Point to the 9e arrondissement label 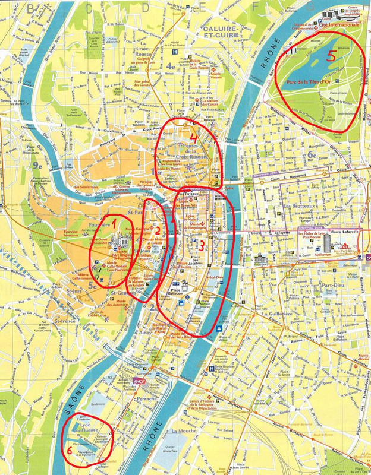click(x=39, y=166)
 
